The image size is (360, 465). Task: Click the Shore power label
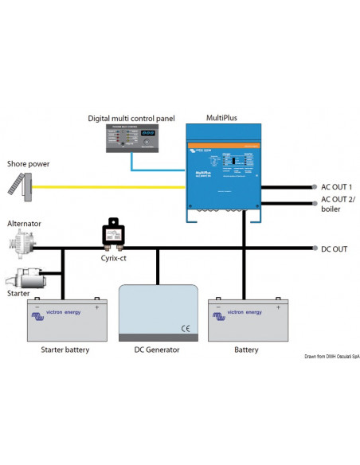click(x=28, y=164)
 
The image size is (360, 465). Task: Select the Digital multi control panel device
click(x=131, y=139)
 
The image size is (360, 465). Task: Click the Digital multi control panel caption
click(x=131, y=119)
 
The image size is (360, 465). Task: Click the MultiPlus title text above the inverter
click(x=221, y=118)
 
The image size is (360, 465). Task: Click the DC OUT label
click(x=333, y=249)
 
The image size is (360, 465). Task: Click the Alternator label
click(x=24, y=225)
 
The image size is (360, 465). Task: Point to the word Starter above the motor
click(x=19, y=293)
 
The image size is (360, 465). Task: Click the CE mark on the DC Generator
click(x=185, y=327)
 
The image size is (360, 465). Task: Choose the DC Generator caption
click(x=158, y=350)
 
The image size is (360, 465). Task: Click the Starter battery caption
click(x=64, y=350)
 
